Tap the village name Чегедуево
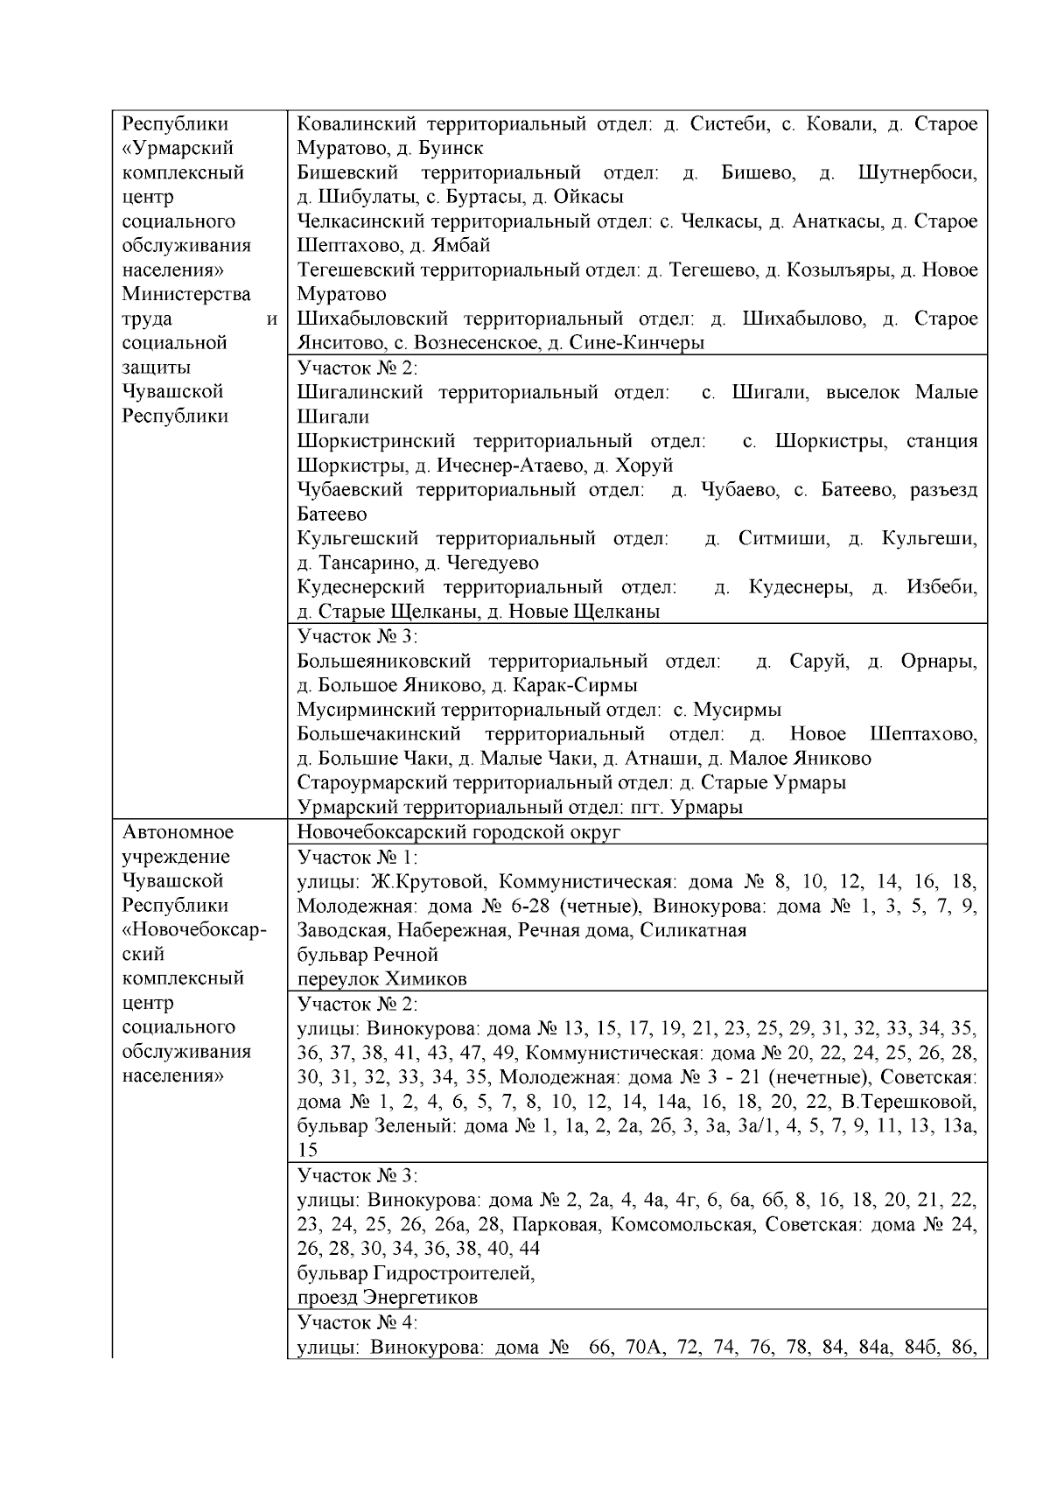tap(493, 563)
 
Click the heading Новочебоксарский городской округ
tap(458, 831)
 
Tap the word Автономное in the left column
tap(178, 831)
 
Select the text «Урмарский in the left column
tap(178, 148)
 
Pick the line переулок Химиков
tap(381, 978)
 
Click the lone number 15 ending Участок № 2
tap(307, 1150)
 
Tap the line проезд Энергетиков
tap(388, 1297)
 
